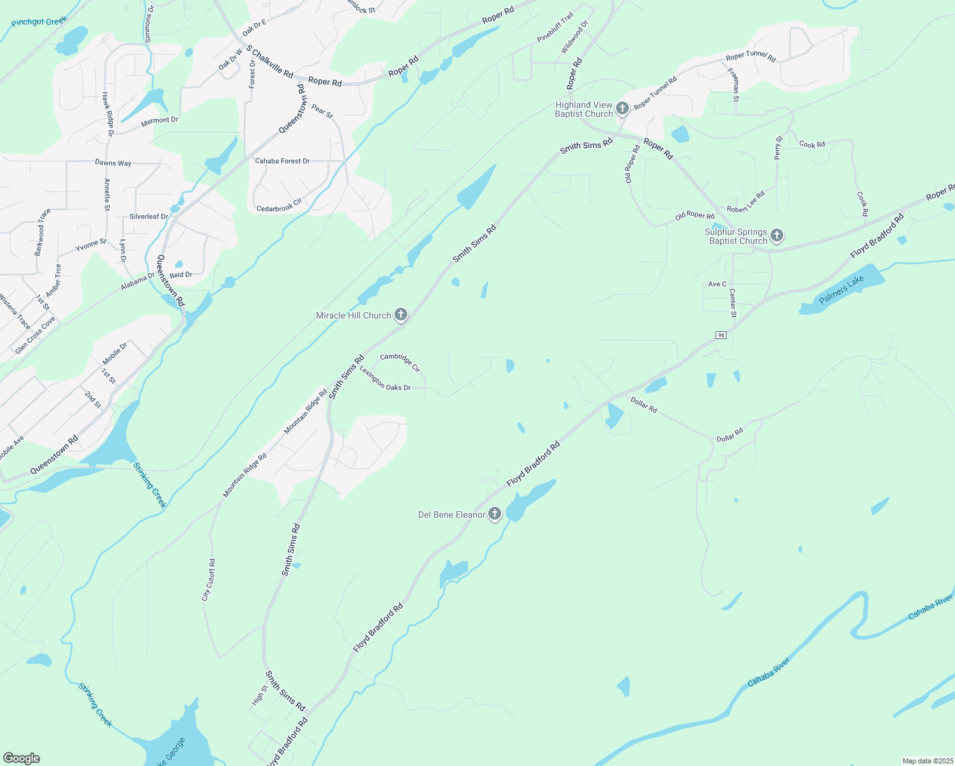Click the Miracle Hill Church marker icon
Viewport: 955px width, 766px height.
(400, 314)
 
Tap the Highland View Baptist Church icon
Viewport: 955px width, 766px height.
(622, 109)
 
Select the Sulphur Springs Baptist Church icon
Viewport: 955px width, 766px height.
(777, 236)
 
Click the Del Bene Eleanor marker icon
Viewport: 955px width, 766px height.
(495, 514)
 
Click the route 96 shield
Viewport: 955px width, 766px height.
(721, 335)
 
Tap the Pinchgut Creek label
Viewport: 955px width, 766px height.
(39, 22)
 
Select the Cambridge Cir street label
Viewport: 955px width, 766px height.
(400, 362)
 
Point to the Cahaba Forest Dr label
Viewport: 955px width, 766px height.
(282, 161)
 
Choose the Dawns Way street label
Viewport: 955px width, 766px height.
(113, 163)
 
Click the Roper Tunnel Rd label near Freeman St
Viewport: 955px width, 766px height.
(751, 56)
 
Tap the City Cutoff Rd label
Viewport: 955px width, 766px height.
(209, 580)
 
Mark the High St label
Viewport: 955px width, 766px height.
(258, 696)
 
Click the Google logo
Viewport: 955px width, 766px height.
(22, 758)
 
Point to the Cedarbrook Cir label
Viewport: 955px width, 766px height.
(279, 206)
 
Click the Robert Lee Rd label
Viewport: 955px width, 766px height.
(746, 202)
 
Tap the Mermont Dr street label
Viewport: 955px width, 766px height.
(160, 120)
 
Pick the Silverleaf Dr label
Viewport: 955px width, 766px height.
(149, 216)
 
